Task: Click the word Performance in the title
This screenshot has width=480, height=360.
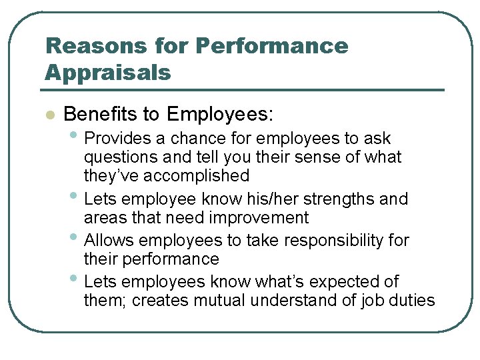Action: pos(272,45)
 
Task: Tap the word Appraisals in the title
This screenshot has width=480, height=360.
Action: pos(108,72)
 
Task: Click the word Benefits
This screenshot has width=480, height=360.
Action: pos(100,115)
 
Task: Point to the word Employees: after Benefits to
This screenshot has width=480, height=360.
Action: pos(220,115)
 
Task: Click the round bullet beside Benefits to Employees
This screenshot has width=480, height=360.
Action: pos(48,115)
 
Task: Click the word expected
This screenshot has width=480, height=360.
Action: pos(335,281)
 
